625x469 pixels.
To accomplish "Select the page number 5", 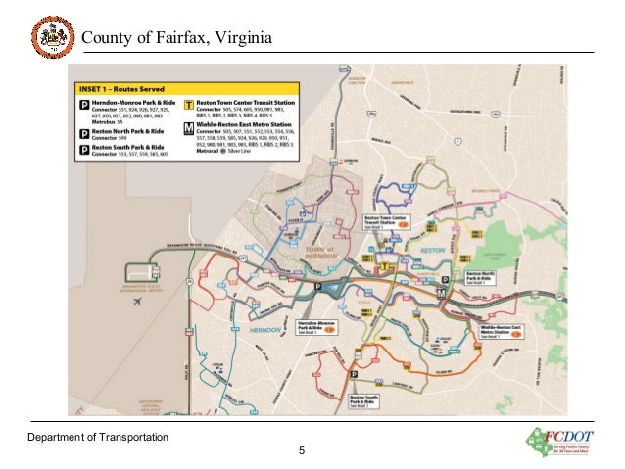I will pyautogui.click(x=303, y=452).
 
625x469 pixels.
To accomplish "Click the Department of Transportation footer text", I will pyautogui.click(x=97, y=436).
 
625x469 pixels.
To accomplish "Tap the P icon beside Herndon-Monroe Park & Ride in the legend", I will pyautogui.click(x=85, y=103).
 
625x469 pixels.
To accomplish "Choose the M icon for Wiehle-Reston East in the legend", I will pyautogui.click(x=189, y=126).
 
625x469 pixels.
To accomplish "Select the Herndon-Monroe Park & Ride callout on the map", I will pyautogui.click(x=316, y=327).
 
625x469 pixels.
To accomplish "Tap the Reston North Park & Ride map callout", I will pyautogui.click(x=487, y=277).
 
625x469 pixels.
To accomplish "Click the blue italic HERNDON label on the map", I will pyautogui.click(x=264, y=331).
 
